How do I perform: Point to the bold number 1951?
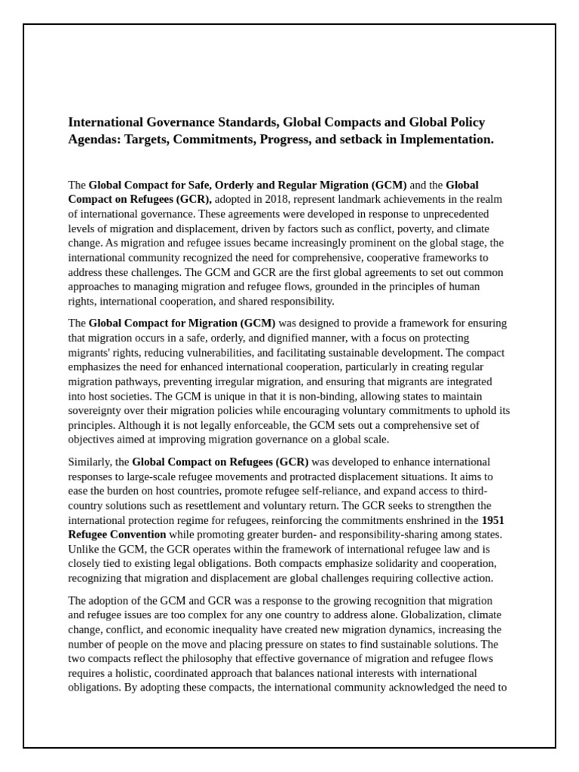494,519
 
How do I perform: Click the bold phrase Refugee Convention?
118,534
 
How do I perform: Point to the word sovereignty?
96,410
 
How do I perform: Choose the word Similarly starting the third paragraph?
90,461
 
